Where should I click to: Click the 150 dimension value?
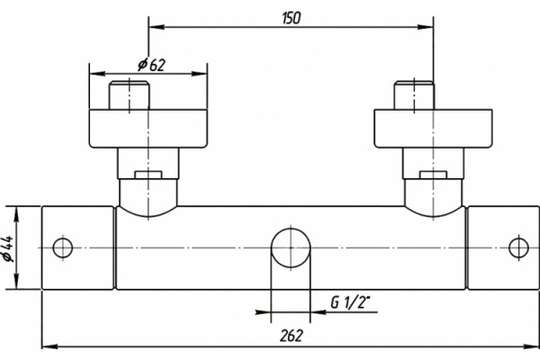291,18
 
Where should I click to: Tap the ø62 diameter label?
151,65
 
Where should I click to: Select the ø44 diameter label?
9,248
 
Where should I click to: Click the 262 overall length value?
291,336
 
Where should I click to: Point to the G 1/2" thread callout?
350,302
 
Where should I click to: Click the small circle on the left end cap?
63,247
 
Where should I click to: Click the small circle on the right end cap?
518,247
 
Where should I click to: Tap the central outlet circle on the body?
291,248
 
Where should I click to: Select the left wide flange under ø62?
148,129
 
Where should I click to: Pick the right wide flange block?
433,129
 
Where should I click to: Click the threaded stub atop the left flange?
129,95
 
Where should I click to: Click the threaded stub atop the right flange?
414,95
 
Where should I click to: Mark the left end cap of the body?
77,247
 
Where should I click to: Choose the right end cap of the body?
503,247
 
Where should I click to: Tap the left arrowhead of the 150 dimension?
156,27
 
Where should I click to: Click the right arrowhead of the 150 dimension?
426,27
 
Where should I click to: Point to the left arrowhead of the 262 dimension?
49,346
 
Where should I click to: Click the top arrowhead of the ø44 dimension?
16,213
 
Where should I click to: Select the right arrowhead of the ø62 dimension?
200,74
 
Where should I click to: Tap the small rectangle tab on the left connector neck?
148,175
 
